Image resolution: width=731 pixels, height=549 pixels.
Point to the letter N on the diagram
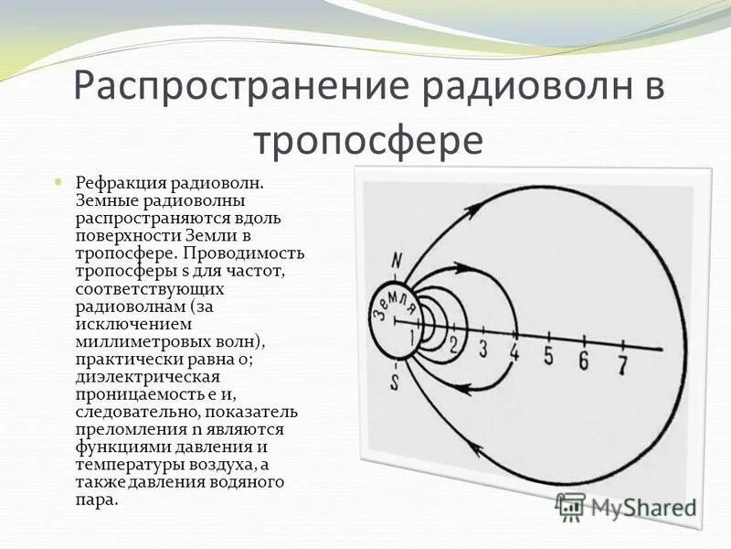coord(396,260)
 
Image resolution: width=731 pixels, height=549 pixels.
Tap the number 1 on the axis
coord(412,339)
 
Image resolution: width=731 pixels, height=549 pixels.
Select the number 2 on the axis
coord(452,344)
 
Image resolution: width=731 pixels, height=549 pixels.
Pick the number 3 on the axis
coord(483,348)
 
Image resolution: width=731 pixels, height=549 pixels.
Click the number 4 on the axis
coord(515,352)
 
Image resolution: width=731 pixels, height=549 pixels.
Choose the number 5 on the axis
coord(548,356)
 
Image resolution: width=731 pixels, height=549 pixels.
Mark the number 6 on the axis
coord(583,361)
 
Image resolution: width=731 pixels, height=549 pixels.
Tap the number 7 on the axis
coord(622,365)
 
